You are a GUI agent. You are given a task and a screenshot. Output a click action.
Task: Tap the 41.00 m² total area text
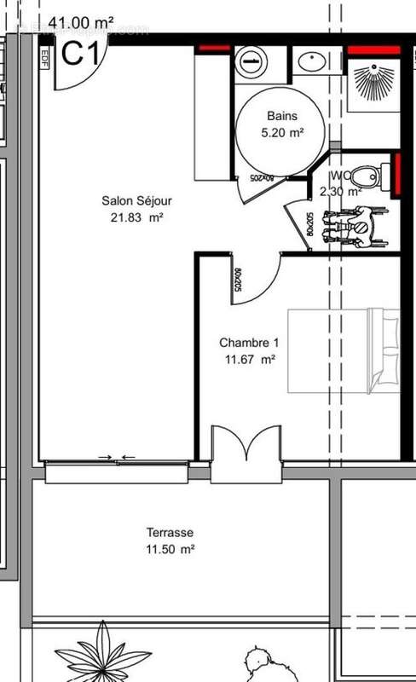[x=81, y=23]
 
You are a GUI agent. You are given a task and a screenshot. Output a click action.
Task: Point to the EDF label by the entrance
[x=44, y=57]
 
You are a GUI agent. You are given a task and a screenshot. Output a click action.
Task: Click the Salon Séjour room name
[x=136, y=201]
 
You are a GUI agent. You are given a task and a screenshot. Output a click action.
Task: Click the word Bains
[x=280, y=116]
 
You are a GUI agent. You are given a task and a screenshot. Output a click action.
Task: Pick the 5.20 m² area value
[x=280, y=132]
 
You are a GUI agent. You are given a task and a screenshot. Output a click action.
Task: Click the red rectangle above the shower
[x=373, y=51]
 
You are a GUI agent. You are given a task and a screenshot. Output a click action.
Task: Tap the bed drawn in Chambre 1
[x=344, y=350]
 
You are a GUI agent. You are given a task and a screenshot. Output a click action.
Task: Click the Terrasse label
[x=169, y=533]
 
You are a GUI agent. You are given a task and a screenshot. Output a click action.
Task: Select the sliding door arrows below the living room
[x=116, y=458]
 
